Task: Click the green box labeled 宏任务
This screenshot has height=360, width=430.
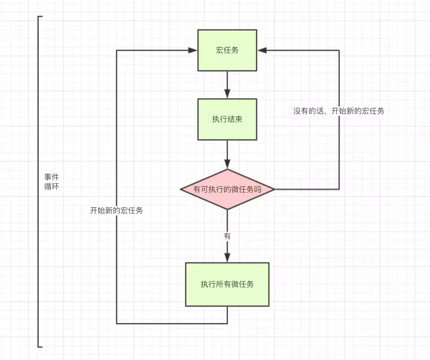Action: (227, 50)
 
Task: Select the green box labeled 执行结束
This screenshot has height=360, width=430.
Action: (227, 119)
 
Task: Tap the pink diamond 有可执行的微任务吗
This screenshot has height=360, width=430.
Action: (227, 189)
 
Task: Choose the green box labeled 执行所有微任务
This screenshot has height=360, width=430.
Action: (227, 284)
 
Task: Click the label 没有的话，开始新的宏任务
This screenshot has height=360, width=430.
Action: (338, 111)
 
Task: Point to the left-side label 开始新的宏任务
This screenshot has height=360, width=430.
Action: (116, 210)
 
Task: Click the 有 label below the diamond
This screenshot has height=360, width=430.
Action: (227, 236)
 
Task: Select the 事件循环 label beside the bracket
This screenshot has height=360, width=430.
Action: (51, 181)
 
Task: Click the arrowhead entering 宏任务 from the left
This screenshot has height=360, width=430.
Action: (193, 50)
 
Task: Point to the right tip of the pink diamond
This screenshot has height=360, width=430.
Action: (274, 189)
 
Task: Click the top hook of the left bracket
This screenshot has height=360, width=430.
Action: (41, 17)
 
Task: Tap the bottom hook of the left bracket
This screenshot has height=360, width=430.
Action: (41, 347)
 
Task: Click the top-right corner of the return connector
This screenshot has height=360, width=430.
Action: (339, 50)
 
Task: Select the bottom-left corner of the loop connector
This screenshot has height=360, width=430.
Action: (117, 323)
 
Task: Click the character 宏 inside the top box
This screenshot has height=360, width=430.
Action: (220, 50)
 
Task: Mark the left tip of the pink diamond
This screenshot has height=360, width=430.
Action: (181, 189)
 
